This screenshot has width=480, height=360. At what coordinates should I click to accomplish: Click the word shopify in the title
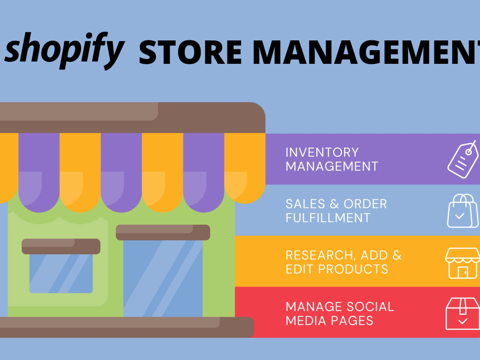click(65, 50)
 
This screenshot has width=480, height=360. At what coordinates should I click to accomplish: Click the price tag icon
click(463, 159)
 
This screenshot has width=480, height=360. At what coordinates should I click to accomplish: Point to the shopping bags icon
click(463, 211)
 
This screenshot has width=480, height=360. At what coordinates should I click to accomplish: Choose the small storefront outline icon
click(463, 263)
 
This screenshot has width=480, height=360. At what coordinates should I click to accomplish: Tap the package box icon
click(463, 314)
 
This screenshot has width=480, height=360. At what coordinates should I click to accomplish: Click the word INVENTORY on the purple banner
click(322, 153)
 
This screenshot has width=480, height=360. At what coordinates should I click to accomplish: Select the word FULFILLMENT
click(328, 218)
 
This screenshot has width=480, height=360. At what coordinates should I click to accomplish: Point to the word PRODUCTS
click(353, 269)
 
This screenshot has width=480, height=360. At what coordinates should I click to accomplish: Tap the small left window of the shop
click(61, 274)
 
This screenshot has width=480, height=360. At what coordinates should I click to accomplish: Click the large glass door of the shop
click(163, 278)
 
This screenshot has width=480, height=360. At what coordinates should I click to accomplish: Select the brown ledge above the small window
click(61, 246)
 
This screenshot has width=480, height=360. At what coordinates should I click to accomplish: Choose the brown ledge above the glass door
click(163, 232)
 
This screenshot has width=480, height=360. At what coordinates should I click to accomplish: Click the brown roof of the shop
click(132, 118)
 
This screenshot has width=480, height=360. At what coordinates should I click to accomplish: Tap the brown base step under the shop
click(127, 327)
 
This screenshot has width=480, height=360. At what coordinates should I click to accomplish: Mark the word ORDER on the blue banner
click(365, 204)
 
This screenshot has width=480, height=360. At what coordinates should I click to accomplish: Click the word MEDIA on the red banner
click(306, 321)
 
